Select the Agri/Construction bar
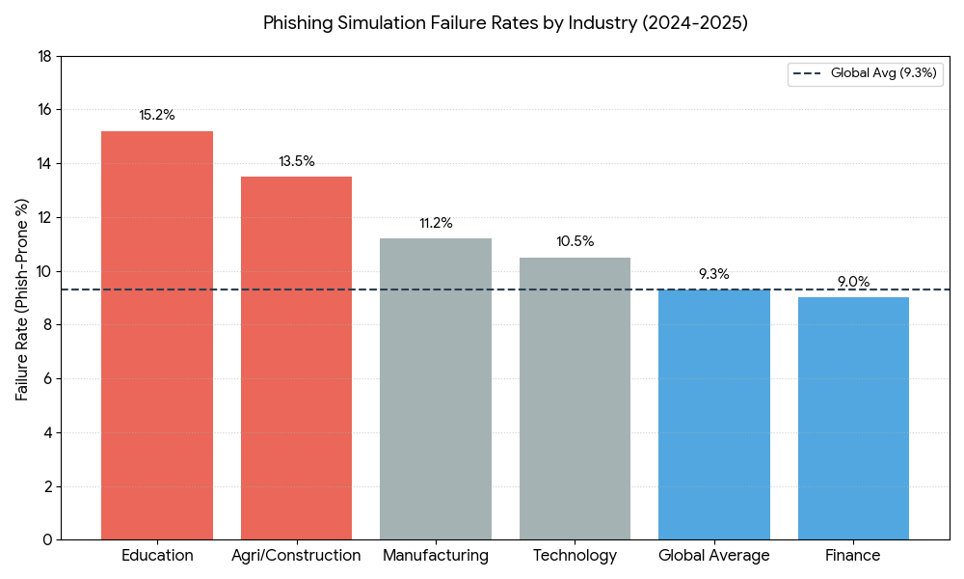[x=296, y=357]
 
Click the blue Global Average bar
[x=714, y=415]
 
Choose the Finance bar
[x=853, y=419]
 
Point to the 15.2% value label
[x=157, y=115]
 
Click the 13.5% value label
[x=297, y=161]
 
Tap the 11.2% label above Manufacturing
[x=436, y=223]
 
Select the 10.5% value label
[x=576, y=241]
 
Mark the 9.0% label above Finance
[x=853, y=282]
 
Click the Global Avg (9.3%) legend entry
[x=863, y=72]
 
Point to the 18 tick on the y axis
[x=44, y=56]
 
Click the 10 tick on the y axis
[x=44, y=271]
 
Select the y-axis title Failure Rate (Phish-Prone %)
[x=22, y=299]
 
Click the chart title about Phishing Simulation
[x=505, y=23]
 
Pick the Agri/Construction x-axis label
[x=296, y=556]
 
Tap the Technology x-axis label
[x=575, y=556]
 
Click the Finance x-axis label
[x=853, y=556]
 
